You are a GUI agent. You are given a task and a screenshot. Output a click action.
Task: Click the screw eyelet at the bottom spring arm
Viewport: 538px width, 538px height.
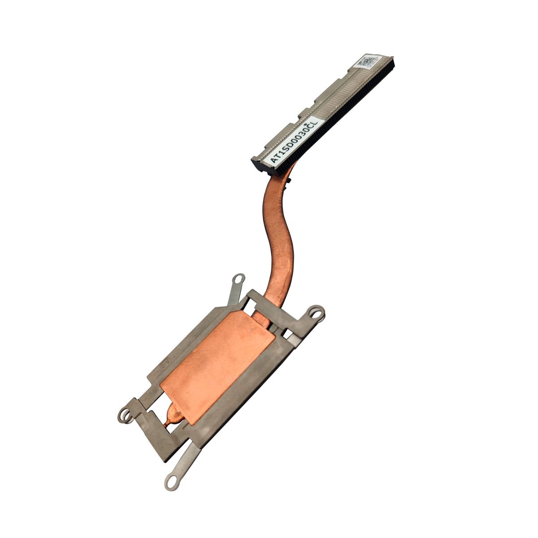click(x=171, y=482)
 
